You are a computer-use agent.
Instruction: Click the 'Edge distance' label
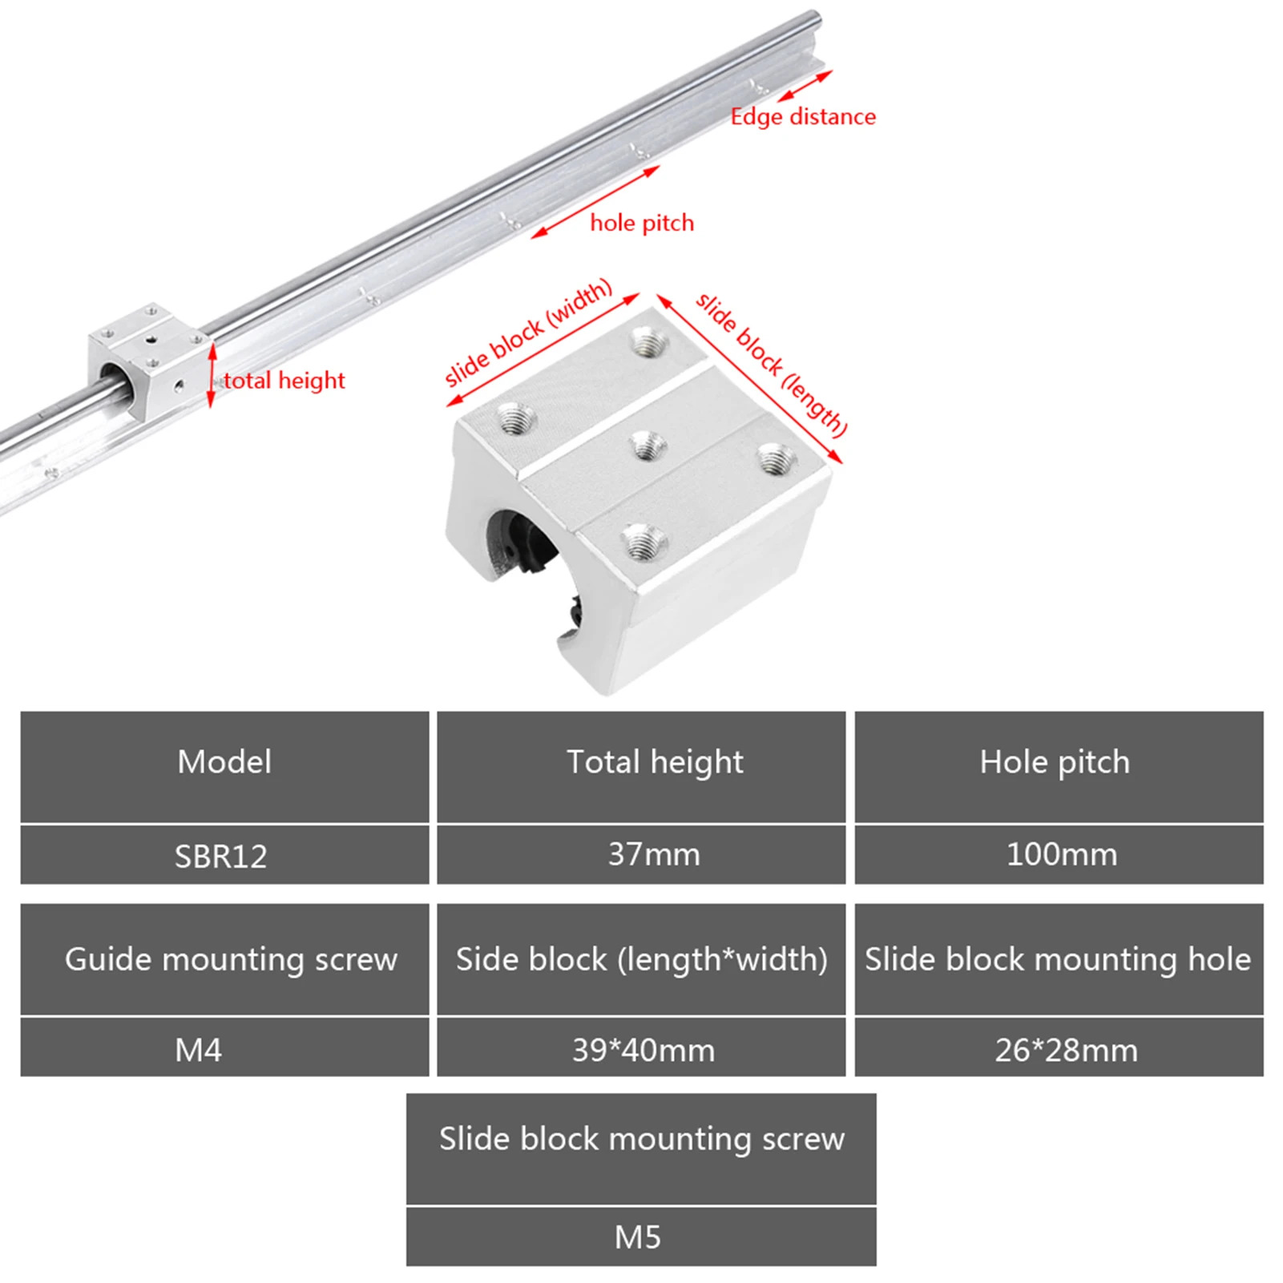[x=803, y=117]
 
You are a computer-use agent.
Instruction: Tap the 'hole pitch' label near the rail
[x=642, y=223]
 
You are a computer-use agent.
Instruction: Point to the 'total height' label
[x=284, y=380]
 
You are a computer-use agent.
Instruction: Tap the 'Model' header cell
[x=224, y=767]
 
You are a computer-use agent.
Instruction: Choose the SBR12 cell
[x=224, y=856]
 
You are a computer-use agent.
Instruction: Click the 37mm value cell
[x=641, y=856]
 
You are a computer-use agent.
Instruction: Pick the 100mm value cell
[x=1059, y=856]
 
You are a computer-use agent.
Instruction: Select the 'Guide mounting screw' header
[x=224, y=959]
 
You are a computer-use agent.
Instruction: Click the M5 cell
[x=641, y=1237]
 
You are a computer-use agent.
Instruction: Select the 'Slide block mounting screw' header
[x=641, y=1148]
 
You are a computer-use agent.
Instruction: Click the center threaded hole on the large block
[x=648, y=446]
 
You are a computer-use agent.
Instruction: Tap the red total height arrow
[x=212, y=375]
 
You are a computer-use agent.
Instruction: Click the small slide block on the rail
[x=149, y=359]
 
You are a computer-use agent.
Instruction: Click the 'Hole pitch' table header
[x=1059, y=767]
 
